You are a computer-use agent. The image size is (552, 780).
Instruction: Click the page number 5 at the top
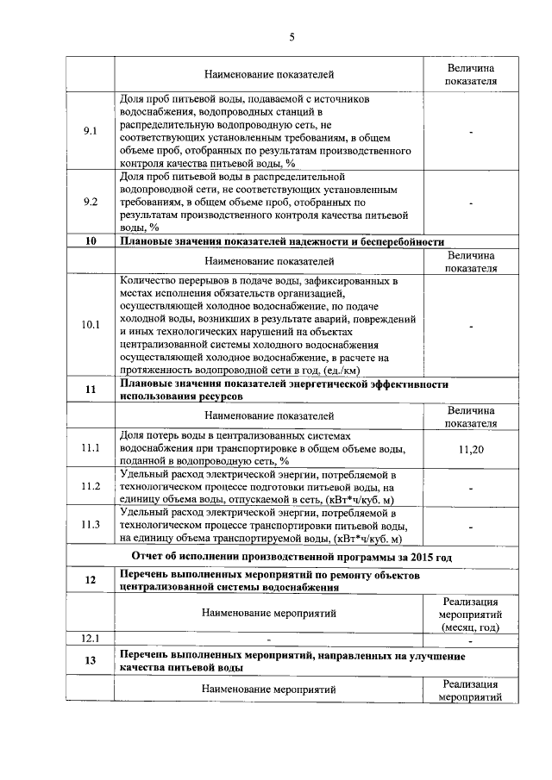pyautogui.click(x=292, y=36)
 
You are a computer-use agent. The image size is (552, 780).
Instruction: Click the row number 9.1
pyautogui.click(x=91, y=130)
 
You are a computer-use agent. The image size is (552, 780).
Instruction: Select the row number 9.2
pyautogui.click(x=91, y=202)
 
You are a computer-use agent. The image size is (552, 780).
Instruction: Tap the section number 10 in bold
pyautogui.click(x=91, y=241)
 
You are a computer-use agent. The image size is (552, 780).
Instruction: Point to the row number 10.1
pyautogui.click(x=91, y=325)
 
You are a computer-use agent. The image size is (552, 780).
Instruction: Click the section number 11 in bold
pyautogui.click(x=91, y=390)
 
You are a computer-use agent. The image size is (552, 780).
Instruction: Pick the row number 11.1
pyautogui.click(x=91, y=448)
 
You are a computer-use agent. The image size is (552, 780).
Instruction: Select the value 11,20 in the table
pyautogui.click(x=471, y=449)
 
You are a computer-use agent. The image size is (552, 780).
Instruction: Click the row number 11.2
pyautogui.click(x=91, y=486)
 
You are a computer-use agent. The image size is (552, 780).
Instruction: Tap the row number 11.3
pyautogui.click(x=91, y=525)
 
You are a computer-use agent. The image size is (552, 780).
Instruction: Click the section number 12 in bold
pyautogui.click(x=91, y=580)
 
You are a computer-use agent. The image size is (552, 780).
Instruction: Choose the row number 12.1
pyautogui.click(x=91, y=639)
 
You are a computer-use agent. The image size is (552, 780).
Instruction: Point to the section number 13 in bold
pyautogui.click(x=91, y=661)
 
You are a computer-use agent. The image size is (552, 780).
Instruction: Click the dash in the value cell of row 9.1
pyautogui.click(x=471, y=132)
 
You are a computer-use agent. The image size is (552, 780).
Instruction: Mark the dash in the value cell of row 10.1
pyautogui.click(x=471, y=327)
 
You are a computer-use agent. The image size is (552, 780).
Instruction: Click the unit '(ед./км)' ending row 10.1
pyautogui.click(x=341, y=370)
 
